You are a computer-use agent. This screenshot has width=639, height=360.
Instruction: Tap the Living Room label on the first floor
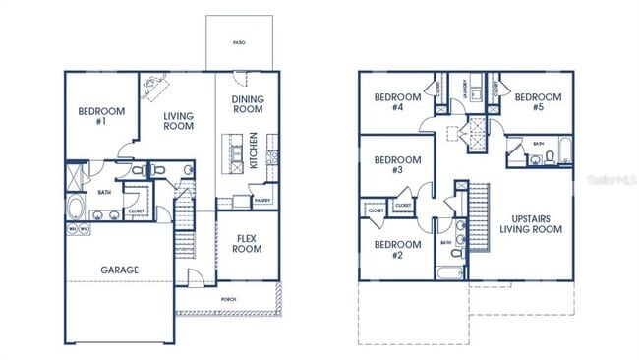(x=178, y=121)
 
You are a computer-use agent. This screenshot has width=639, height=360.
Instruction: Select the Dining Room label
(x=248, y=104)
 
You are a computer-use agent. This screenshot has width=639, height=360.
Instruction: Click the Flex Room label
(x=247, y=243)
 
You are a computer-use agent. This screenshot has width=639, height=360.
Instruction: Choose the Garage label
(x=120, y=270)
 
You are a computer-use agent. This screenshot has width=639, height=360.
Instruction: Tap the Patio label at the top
(x=238, y=43)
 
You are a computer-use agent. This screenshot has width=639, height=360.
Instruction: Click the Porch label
(x=228, y=298)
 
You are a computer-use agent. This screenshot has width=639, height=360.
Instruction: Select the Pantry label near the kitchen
(x=262, y=201)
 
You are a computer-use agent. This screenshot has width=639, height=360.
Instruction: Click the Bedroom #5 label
(x=538, y=102)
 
